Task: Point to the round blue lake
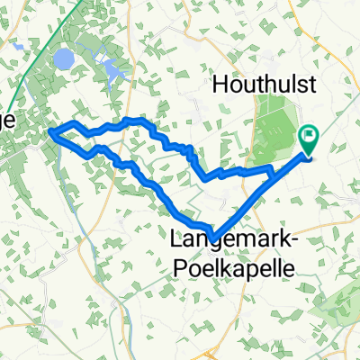[63, 59]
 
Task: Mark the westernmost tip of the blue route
[52, 135]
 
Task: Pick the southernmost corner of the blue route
[212, 230]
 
